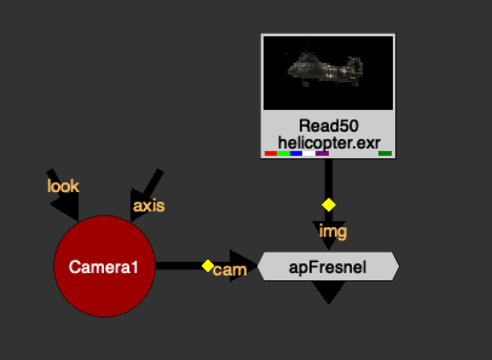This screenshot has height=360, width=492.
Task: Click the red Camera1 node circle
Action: click(x=103, y=267)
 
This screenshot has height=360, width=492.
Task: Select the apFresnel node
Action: click(x=328, y=267)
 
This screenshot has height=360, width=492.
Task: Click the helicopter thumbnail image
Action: click(x=328, y=73)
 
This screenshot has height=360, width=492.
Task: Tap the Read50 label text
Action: click(x=328, y=126)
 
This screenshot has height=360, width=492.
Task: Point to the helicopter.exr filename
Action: click(x=328, y=141)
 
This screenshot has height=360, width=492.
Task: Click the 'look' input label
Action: click(x=63, y=185)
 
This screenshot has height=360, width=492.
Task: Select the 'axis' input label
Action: click(x=149, y=205)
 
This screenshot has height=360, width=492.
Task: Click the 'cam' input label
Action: click(x=230, y=270)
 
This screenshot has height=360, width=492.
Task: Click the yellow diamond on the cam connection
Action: click(x=207, y=266)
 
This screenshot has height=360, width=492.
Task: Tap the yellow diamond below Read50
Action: click(x=329, y=204)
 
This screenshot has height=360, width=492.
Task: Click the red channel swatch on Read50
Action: click(x=270, y=153)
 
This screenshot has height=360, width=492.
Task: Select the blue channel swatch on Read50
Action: click(x=296, y=153)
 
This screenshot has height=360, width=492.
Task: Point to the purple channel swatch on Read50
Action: click(x=322, y=153)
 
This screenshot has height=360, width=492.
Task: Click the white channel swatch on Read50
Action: click(x=309, y=153)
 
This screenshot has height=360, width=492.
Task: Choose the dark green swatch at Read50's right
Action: click(x=385, y=153)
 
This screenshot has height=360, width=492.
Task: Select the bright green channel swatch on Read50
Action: click(x=283, y=153)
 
